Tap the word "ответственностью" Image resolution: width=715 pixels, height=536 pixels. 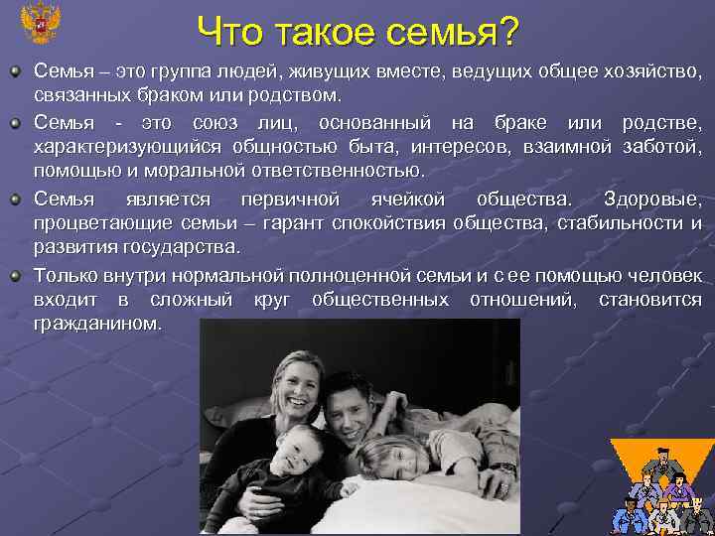click(343, 172)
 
